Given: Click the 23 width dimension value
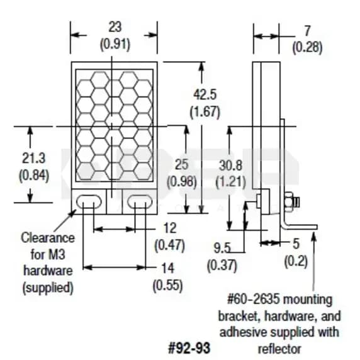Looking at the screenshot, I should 115,28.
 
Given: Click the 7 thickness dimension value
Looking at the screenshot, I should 307,30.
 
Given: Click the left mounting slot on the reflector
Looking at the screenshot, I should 89,201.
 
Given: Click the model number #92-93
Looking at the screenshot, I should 189,347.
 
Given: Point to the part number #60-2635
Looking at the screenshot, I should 252,300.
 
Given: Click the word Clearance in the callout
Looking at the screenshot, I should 47,238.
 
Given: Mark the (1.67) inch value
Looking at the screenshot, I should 205,111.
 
